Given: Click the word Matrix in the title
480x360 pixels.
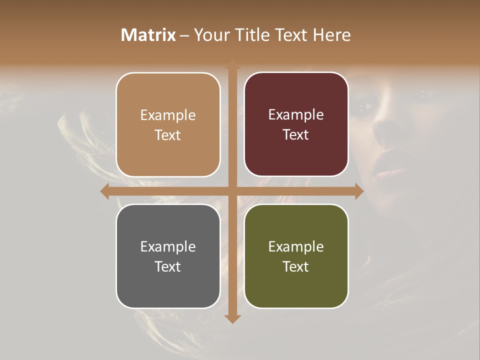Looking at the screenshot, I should point(148,35).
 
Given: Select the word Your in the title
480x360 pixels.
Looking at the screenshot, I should point(209,35).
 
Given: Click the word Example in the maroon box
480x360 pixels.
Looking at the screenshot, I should point(296,114).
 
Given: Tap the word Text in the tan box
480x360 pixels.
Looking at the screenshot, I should point(168,135).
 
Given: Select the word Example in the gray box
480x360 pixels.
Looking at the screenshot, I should point(168,246).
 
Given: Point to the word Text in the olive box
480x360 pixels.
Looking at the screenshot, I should point(296,266).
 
